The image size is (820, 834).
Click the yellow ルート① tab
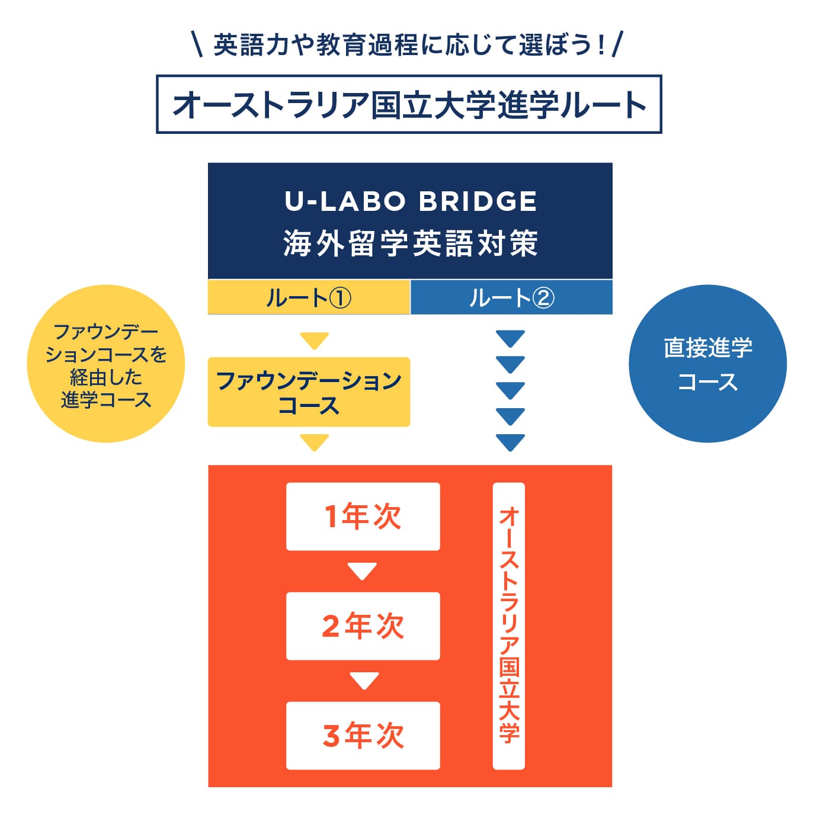309,297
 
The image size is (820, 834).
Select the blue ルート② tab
511,297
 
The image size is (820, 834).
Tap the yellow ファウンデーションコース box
309,392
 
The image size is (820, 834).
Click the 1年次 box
363,517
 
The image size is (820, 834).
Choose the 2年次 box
363,626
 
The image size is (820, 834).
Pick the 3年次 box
363,736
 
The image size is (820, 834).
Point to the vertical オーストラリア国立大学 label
509,626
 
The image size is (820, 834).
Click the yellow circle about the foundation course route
106,364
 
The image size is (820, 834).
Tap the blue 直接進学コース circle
708,364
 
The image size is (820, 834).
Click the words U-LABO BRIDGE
411,201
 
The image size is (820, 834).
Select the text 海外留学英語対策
411,243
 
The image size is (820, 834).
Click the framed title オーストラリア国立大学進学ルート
409,104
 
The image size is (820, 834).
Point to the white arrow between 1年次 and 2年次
363,571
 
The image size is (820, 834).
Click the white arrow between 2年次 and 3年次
364,681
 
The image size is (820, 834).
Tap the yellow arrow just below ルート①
315,341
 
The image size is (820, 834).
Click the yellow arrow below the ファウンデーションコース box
315,442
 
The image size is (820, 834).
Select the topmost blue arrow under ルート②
511,339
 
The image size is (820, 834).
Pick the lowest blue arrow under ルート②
511,442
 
